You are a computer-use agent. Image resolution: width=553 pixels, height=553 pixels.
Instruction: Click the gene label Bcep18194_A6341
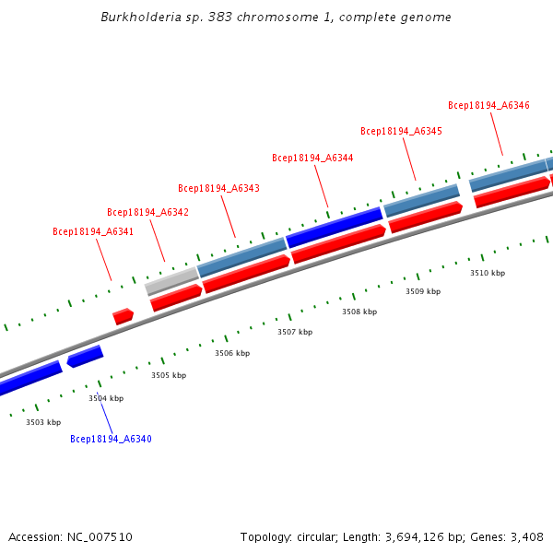click(93, 231)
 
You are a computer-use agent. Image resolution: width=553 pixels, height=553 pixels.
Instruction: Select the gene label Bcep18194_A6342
click(147, 212)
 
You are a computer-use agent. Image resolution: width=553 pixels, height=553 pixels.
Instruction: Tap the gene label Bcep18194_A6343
click(218, 188)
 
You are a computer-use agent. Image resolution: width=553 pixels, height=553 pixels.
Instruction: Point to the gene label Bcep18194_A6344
click(312, 158)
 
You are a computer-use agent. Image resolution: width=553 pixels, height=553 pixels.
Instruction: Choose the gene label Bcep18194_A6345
click(401, 131)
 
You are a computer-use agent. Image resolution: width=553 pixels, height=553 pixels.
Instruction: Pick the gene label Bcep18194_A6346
click(488, 105)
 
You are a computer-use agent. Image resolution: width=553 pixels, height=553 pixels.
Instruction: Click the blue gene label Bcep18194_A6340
click(111, 439)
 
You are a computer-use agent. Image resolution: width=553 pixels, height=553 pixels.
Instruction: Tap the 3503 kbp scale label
click(43, 422)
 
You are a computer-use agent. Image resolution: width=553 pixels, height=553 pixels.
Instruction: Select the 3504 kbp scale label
click(106, 398)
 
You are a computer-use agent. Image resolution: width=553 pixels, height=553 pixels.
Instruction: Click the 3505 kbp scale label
click(169, 375)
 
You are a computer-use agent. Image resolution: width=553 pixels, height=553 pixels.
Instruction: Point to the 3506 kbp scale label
click(232, 353)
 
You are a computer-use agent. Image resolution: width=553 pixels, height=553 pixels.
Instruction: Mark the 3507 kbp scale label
click(295, 332)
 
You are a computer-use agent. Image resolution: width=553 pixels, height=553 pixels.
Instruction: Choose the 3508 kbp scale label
click(359, 312)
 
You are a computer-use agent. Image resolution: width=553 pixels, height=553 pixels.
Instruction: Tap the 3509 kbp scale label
click(423, 291)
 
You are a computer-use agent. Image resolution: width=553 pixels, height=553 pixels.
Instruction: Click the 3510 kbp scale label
click(488, 273)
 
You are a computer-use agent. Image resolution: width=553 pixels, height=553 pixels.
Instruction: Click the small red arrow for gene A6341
click(123, 316)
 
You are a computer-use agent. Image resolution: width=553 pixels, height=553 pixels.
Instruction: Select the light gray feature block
click(171, 280)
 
